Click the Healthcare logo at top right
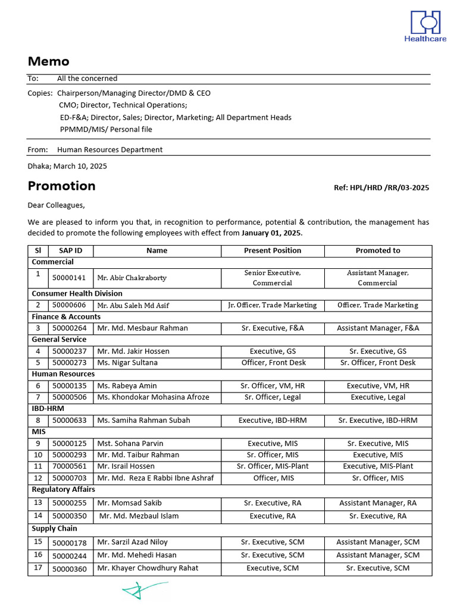point(425,26)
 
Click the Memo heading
point(48,61)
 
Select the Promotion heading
point(61,186)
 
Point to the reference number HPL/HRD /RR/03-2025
point(381,188)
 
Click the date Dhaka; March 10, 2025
point(67,167)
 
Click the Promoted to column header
point(377,250)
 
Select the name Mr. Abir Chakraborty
point(132,278)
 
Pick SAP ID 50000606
point(69,305)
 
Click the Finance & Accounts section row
point(66,317)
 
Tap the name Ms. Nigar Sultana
point(127,363)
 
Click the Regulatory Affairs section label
point(63,489)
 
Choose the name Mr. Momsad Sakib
point(129,503)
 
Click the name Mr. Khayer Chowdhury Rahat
point(148,569)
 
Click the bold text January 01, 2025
point(271,233)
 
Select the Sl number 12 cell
point(38,478)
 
